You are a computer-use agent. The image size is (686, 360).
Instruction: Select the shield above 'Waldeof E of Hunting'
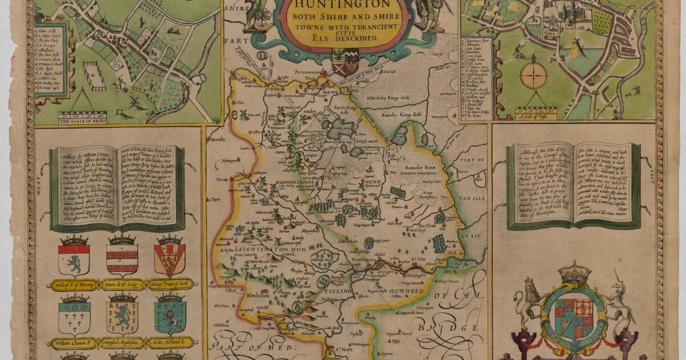[74, 257]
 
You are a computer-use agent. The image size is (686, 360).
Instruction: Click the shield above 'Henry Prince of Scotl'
[170, 257]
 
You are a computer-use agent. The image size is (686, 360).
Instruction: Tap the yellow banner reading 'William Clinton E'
[74, 343]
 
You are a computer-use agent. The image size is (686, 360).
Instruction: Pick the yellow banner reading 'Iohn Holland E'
[170, 343]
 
